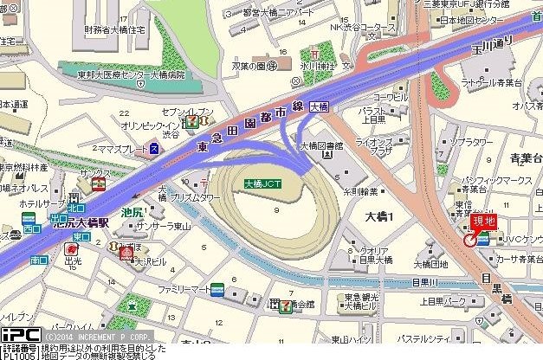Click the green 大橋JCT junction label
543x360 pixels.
261,183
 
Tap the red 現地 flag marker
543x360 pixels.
483,221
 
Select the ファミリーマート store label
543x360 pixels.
183,287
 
